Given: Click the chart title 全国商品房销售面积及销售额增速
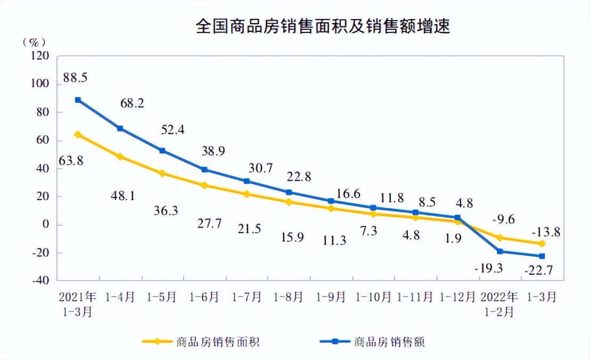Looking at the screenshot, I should [323, 26].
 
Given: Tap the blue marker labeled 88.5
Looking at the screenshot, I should [78, 100].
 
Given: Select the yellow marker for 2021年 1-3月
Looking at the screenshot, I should [78, 135].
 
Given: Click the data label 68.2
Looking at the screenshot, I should [131, 103].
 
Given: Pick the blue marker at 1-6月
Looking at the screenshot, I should [204, 170].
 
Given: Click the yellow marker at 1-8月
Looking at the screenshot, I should [289, 202].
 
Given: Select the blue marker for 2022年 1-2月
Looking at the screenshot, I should [499, 251].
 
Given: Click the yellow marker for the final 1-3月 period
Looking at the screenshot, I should [542, 243].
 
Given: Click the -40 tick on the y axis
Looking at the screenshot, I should [41, 280].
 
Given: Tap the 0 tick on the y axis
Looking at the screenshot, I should [46, 224].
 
